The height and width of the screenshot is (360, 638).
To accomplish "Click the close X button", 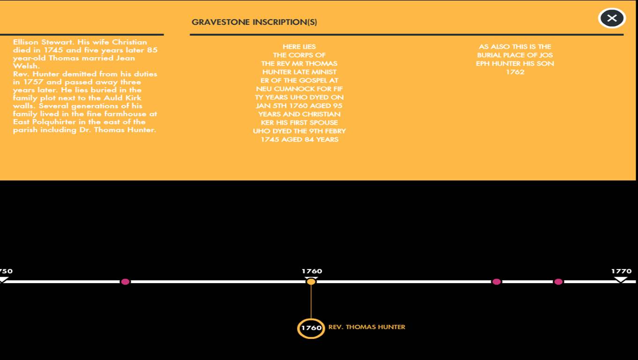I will point(612,18).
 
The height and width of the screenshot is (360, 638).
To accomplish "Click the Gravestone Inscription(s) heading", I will point(254,22).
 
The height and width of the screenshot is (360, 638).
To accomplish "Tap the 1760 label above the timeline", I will point(312,271).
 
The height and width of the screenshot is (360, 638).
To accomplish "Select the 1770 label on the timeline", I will point(621,271).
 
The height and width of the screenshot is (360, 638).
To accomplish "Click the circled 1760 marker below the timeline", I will point(311,328).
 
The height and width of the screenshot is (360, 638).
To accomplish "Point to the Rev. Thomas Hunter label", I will point(367,327).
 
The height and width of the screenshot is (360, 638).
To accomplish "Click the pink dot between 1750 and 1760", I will point(125,282).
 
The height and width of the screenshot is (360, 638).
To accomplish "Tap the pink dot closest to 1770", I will point(558,282).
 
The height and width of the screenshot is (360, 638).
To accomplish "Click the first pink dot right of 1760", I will point(497,282).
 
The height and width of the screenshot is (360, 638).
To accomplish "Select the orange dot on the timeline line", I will point(311,282).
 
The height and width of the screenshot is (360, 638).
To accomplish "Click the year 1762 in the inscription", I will point(515,72).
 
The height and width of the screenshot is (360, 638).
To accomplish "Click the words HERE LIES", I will point(299,47).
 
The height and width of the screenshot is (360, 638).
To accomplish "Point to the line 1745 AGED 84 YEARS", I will point(299,140).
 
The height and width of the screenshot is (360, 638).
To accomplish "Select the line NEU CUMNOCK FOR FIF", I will point(299,89).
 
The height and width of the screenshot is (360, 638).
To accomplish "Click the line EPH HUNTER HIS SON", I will point(515,64).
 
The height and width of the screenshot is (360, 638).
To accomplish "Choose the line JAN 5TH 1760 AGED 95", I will point(299,106).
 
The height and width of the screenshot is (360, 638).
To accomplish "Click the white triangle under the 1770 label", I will point(621,279).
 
